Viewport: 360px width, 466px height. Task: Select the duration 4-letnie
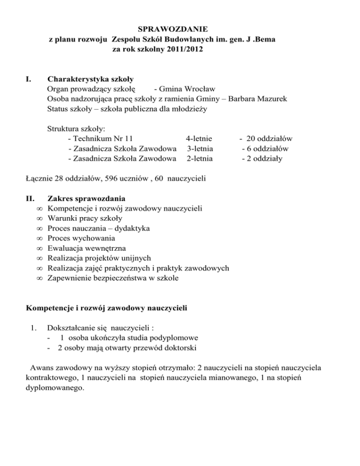[199, 138]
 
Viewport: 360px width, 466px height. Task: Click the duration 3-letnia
[199, 149]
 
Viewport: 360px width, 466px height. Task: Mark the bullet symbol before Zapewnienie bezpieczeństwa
[39, 278]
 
